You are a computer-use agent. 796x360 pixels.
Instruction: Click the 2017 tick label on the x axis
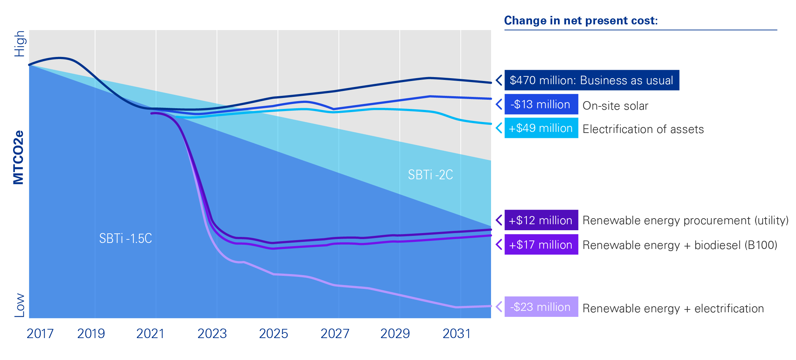tap(40, 333)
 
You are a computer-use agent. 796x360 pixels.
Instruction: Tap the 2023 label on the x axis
tap(212, 333)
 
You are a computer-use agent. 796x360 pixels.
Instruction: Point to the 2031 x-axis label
tap(456, 333)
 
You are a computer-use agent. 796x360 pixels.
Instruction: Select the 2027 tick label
tap(335, 333)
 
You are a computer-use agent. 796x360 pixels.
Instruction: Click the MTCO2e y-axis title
tap(18, 157)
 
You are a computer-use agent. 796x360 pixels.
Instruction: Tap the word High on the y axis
tap(20, 44)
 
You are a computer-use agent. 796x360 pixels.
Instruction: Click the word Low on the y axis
tap(20, 305)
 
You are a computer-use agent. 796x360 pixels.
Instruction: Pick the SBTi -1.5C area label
tap(125, 239)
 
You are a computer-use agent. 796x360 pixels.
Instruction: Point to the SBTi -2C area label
tap(430, 175)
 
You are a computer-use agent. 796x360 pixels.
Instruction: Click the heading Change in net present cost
tap(581, 21)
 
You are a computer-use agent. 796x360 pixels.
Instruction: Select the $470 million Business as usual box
tap(592, 80)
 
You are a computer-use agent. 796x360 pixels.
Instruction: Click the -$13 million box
tap(541, 104)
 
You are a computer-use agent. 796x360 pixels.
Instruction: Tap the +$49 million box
tap(541, 128)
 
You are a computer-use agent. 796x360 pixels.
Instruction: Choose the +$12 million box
tap(541, 220)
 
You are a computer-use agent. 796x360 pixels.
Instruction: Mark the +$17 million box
tap(541, 244)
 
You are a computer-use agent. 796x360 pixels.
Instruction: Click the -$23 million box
tap(541, 307)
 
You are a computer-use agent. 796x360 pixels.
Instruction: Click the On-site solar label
tap(615, 106)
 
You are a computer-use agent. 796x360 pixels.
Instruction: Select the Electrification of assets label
tap(643, 129)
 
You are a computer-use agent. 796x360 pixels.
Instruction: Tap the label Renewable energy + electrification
tap(673, 308)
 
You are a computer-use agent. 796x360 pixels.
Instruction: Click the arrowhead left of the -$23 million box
tap(499, 307)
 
